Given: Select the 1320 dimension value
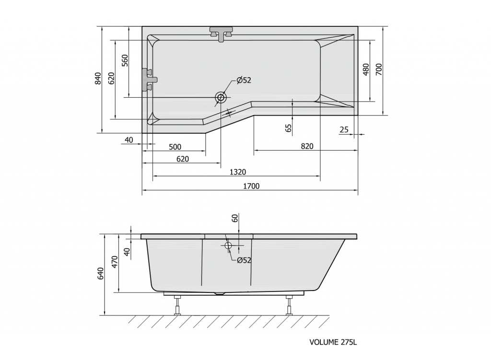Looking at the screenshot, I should coord(238,172).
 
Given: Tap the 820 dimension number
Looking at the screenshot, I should coord(307,146).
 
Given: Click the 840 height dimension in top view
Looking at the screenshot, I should coord(98,79).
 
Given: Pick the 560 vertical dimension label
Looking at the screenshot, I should coord(125,60).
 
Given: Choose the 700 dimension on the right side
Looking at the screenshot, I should coord(378,70).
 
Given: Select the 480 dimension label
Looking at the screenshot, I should coord(365,70).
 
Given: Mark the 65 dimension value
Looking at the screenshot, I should coord(288,128).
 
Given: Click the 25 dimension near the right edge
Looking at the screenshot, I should coord(344,129).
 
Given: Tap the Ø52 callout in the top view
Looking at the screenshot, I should coord(244,81).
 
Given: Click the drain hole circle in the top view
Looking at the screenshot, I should coord(221,97).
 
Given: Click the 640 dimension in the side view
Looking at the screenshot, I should coord(100,274).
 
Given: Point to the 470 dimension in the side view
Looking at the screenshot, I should coord(114,263).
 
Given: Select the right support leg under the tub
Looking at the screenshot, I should coord(289,305).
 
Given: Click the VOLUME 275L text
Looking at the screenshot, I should coord(333,342).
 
